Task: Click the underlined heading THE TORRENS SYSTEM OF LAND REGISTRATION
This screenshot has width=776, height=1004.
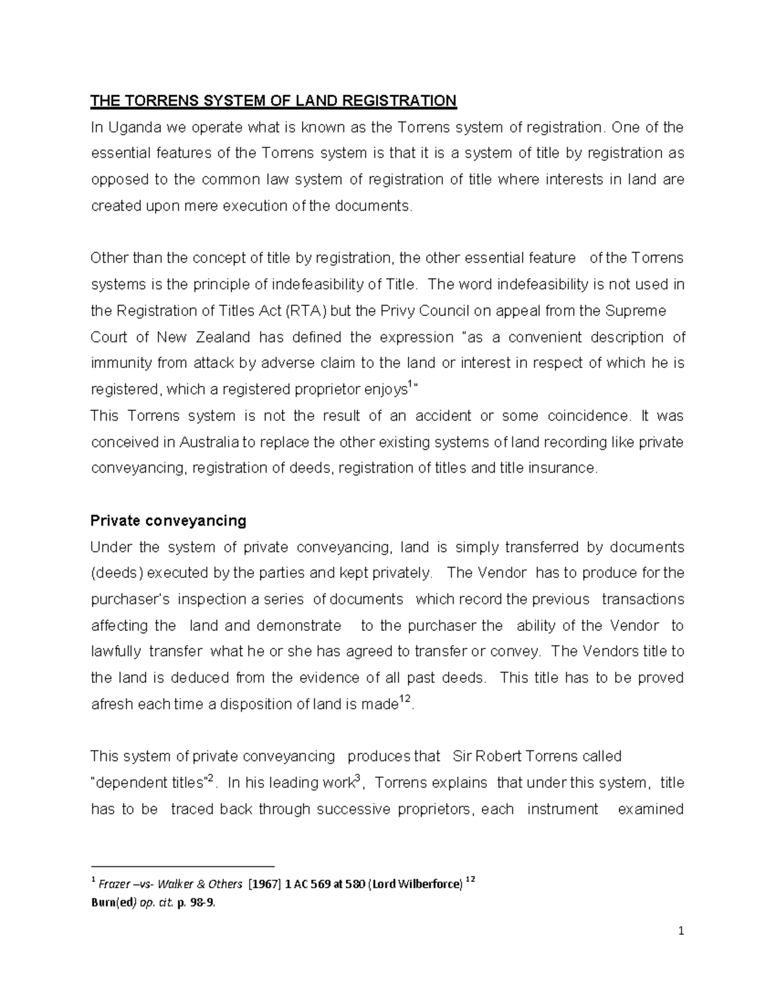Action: [273, 101]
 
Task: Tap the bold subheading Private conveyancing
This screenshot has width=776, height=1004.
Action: [168, 520]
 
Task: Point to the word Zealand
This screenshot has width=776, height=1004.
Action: [224, 337]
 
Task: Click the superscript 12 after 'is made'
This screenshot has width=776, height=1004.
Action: [404, 700]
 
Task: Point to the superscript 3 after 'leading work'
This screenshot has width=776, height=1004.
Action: [358, 778]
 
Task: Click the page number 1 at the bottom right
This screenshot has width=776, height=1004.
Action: [681, 932]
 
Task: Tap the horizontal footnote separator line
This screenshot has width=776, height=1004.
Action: [182, 866]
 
